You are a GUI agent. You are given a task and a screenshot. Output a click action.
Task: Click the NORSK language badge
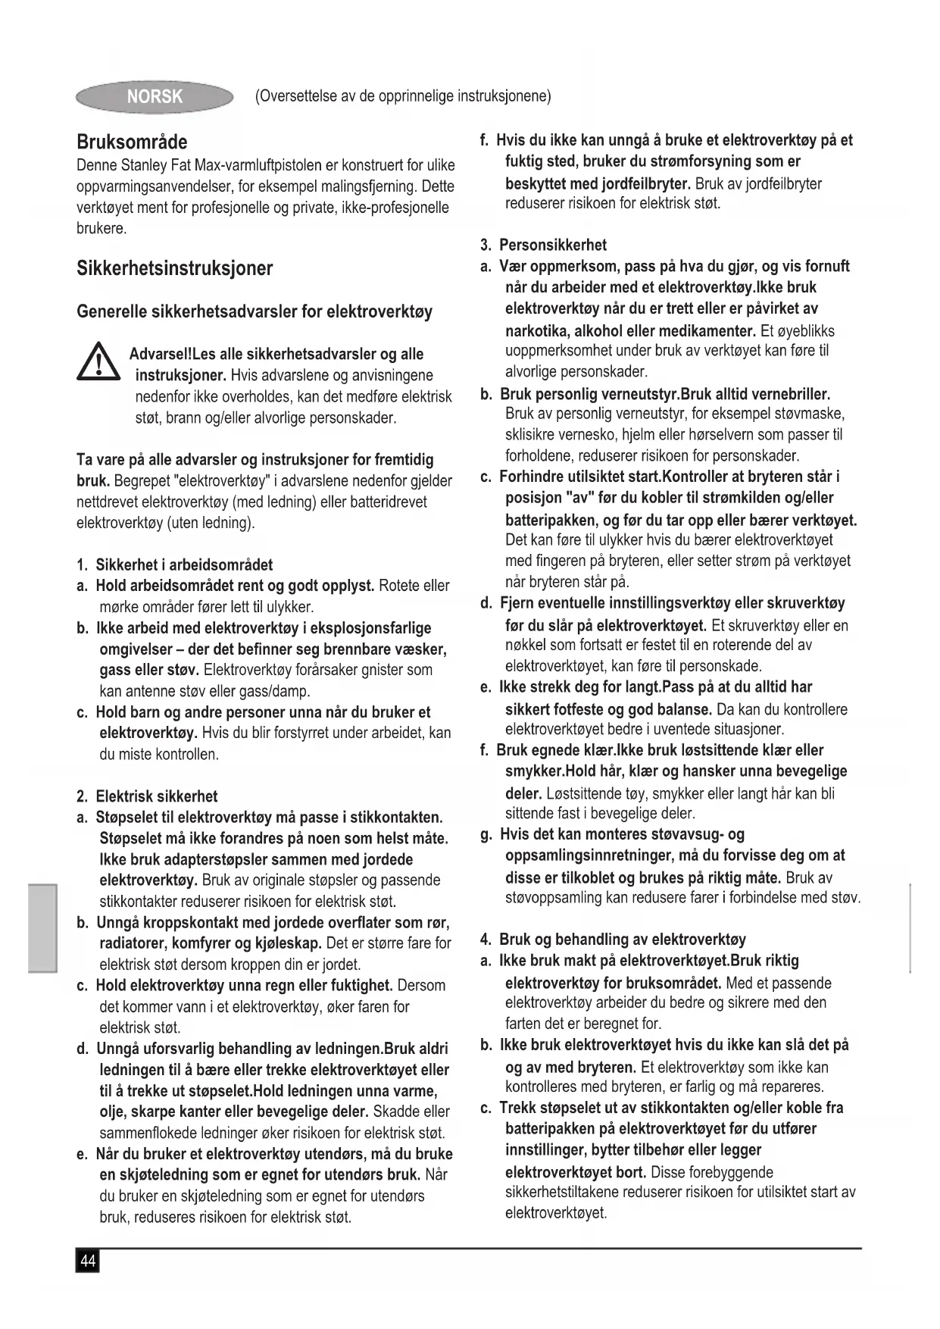155,97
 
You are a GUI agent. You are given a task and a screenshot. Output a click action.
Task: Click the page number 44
88,1262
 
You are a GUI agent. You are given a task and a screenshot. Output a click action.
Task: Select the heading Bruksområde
132,142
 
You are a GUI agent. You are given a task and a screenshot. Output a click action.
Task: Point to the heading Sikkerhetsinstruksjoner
174,268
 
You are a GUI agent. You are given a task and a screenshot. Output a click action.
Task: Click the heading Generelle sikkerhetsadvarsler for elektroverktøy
255,311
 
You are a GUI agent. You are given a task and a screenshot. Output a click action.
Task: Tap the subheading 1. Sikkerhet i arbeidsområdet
174,565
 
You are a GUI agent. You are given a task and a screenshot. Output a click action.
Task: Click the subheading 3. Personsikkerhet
543,245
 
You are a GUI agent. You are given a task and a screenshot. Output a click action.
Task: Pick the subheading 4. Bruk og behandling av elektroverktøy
613,940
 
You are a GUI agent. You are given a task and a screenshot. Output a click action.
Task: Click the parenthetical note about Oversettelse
403,96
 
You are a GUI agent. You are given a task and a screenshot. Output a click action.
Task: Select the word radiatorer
133,943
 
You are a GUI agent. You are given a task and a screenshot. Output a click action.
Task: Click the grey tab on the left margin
42,927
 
